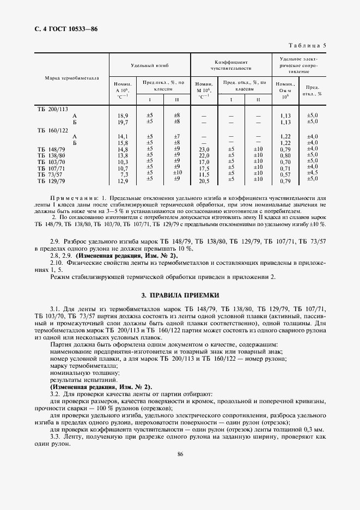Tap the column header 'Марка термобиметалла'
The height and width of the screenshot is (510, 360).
pos(72,78)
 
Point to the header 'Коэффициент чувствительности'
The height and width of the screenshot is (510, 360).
pos(231,65)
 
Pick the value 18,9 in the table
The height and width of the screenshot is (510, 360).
pos(123,116)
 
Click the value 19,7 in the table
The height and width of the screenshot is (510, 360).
pos(123,123)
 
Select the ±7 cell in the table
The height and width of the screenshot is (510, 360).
pos(176,136)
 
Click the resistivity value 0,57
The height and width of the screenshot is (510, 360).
pos(285,174)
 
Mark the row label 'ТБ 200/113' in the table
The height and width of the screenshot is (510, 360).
pos(52,109)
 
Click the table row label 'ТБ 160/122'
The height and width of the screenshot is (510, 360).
pos(52,130)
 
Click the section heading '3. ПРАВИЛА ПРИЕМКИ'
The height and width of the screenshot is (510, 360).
pos(180,295)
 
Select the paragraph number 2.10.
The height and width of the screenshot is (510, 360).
pos(57,263)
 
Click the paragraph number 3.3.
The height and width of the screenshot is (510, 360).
pos(56,436)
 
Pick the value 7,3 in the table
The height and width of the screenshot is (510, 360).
pos(124,174)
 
